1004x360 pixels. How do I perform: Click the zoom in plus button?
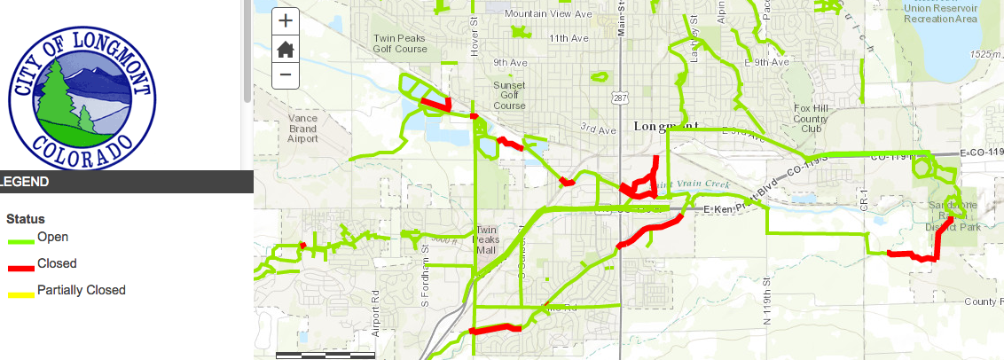286,20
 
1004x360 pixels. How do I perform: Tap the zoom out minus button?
286,74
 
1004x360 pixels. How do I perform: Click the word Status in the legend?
25,218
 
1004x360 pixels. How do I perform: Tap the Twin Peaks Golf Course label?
401,43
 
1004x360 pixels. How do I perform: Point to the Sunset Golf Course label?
509,95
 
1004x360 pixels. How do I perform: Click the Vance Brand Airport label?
302,129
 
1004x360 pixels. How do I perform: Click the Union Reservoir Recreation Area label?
939,13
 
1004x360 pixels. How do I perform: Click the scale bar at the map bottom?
326,355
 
